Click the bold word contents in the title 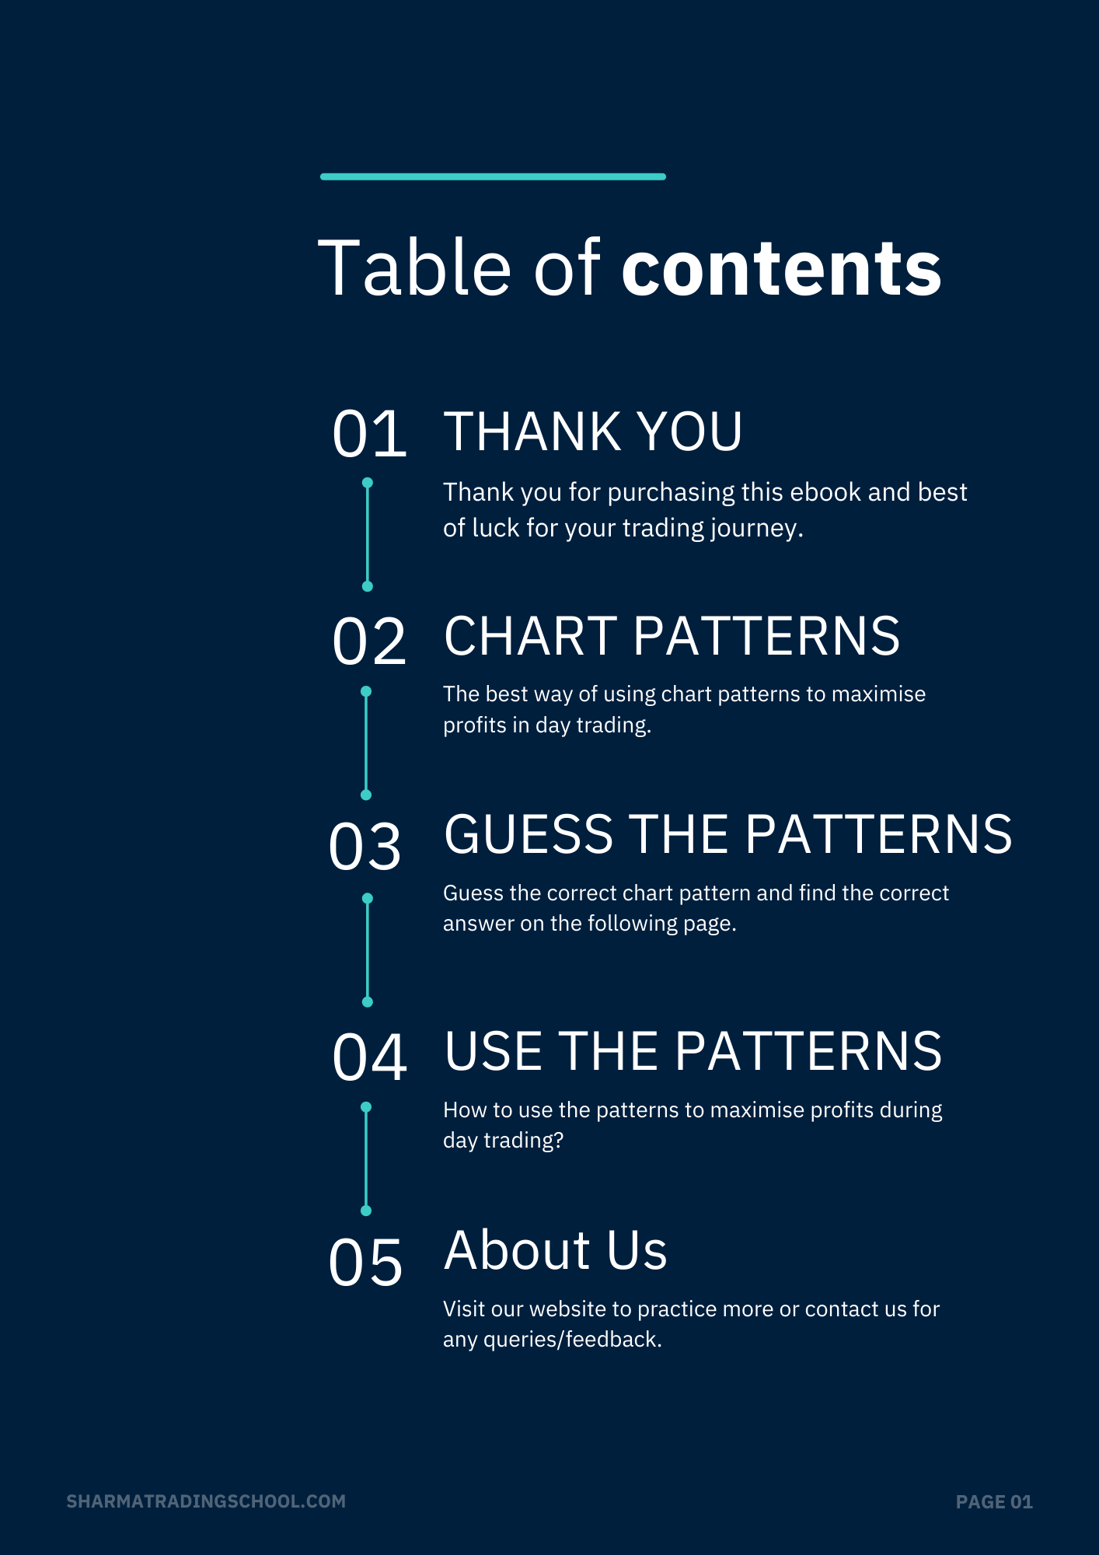coord(781,268)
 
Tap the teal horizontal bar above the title coord(493,176)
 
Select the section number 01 coord(369,434)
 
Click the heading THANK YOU coord(592,432)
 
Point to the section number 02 coord(369,641)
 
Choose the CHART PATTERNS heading coord(672,636)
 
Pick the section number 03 coord(365,847)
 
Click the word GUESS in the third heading coord(529,834)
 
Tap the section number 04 coord(369,1057)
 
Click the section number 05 coord(365,1263)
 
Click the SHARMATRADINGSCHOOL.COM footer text coord(206,1501)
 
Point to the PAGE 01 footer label coord(994,1502)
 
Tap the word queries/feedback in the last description coord(572,1340)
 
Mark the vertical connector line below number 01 coord(368,534)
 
